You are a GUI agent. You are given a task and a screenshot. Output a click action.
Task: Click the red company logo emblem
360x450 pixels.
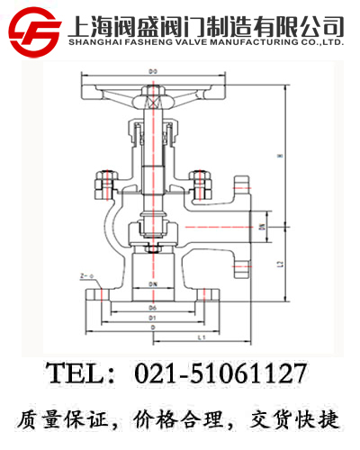pos(33,30)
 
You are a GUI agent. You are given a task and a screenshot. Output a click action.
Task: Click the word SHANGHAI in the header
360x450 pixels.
pos(94,41)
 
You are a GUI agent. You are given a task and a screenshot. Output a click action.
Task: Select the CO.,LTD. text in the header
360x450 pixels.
pos(320,41)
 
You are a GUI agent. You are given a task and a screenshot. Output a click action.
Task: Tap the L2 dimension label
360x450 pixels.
pos(281,264)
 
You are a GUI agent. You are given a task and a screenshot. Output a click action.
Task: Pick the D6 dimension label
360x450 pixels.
pos(152,308)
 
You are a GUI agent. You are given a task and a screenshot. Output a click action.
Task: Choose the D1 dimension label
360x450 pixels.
pos(152,318)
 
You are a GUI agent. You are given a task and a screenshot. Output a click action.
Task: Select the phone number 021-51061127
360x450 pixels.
pos(220,373)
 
